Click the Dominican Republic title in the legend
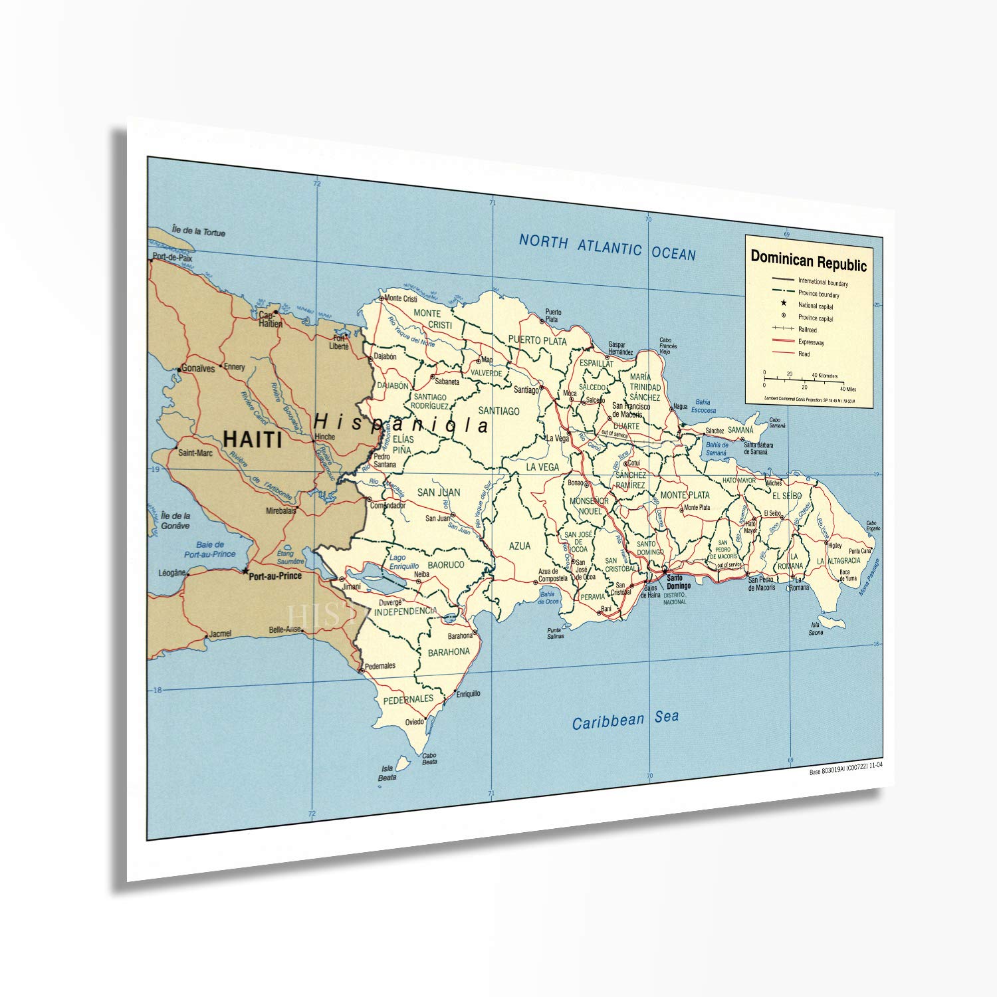[808, 260]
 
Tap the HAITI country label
[252, 439]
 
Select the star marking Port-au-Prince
[245, 570]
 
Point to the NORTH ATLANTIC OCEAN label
[607, 247]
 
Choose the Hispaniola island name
[401, 423]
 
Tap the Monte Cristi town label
[401, 299]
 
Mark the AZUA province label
[520, 546]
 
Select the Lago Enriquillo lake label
[403, 562]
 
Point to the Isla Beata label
[387, 772]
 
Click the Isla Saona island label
[816, 628]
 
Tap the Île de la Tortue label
[198, 231]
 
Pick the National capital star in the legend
[784, 304]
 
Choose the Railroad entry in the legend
[808, 330]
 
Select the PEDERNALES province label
[408, 699]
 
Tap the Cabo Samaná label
[777, 422]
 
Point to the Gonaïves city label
[197, 368]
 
